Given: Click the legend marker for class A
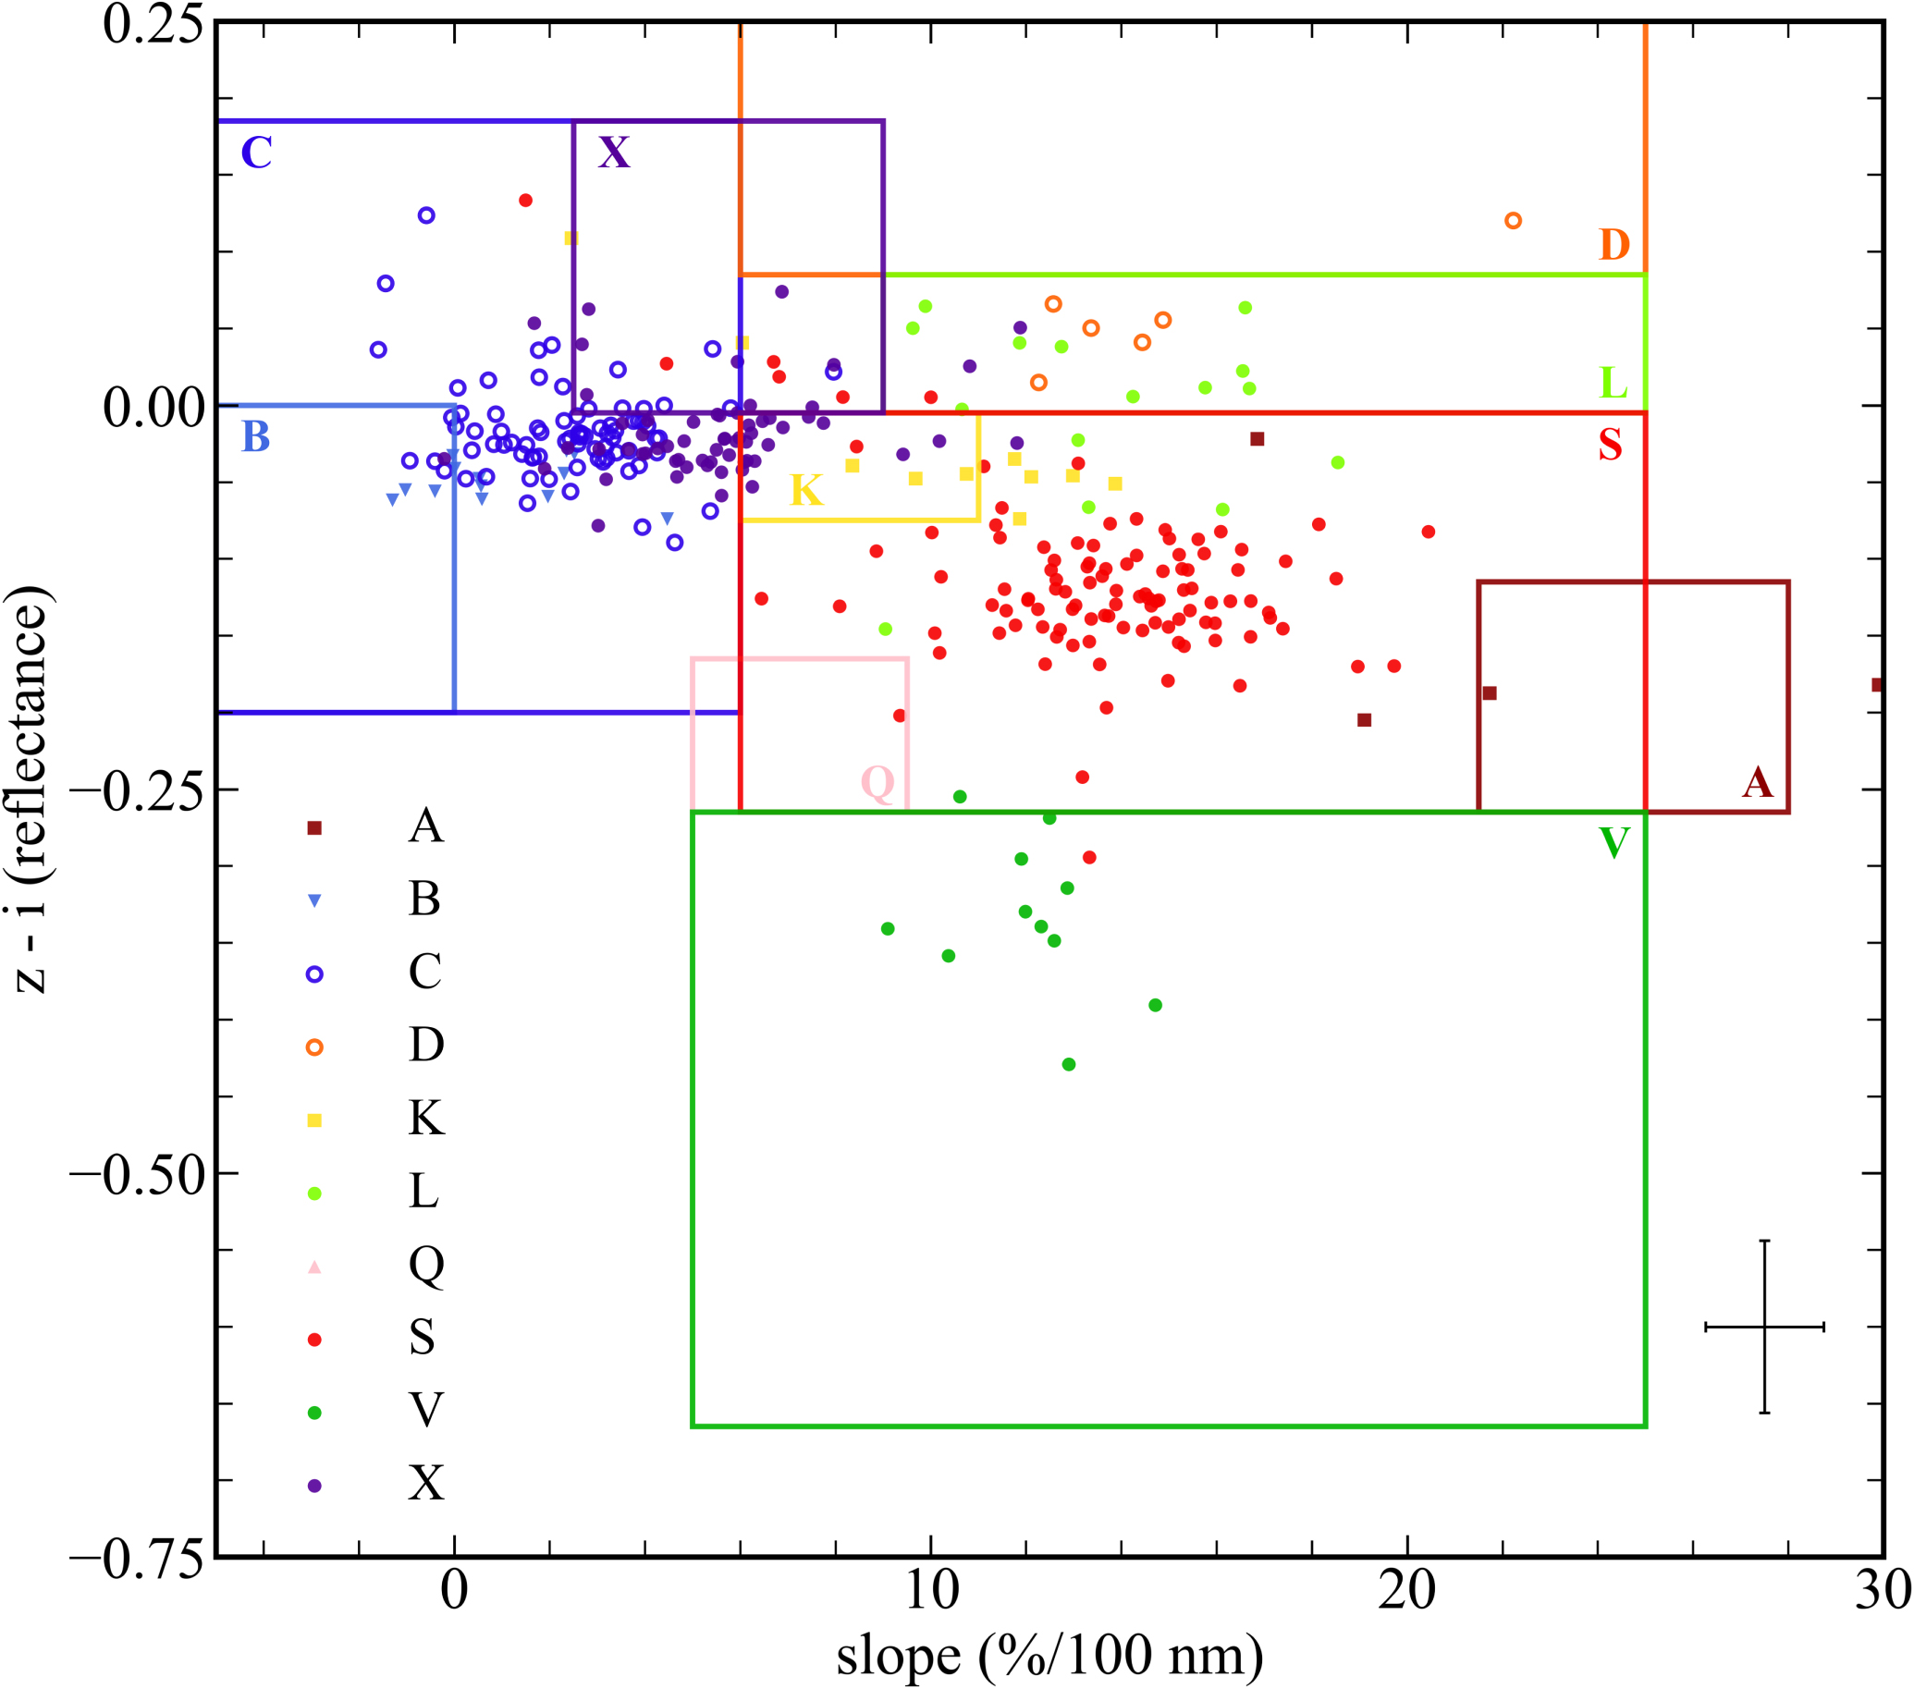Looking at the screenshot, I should point(314,827).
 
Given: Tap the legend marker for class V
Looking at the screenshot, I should point(314,1413).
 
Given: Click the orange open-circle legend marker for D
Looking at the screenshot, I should point(314,1046).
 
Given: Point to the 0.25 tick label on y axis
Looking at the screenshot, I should point(153,25).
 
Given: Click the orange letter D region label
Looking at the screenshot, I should point(1614,245).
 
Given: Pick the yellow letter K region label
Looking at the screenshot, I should point(806,491).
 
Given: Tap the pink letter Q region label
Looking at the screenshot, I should point(877,783).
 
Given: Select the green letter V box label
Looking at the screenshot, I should point(1614,843).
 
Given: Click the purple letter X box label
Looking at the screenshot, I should point(614,152).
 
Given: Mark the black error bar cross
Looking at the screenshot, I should point(1764,1327).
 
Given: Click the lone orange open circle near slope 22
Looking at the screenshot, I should point(1513,221).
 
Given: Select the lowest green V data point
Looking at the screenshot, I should point(1069,1064).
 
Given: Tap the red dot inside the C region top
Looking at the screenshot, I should point(525,201).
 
